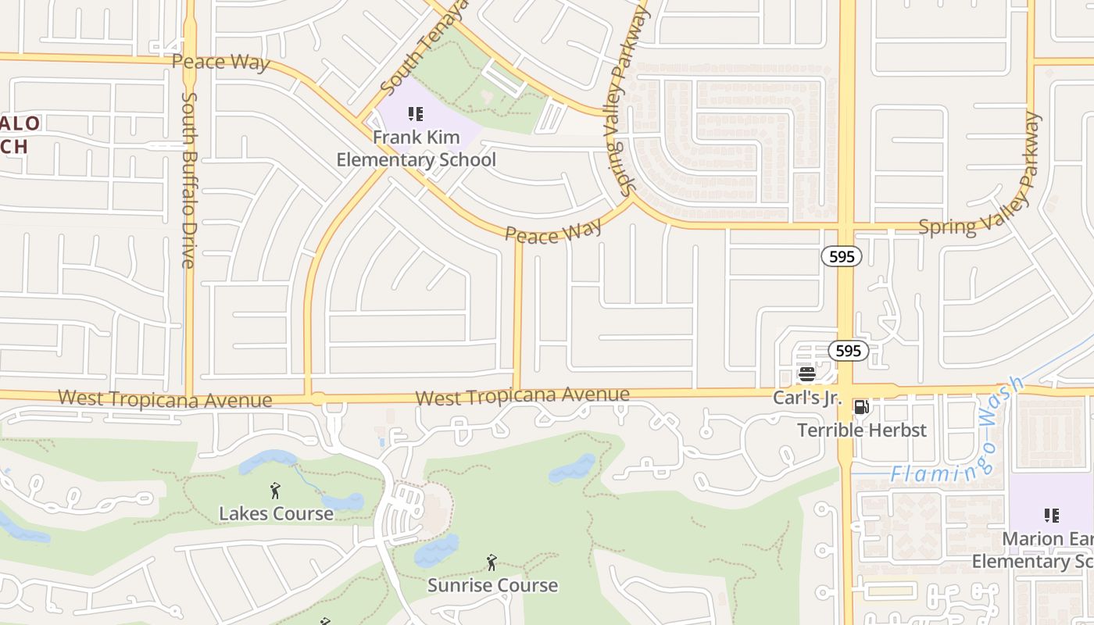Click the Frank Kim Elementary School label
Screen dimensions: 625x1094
tap(416, 149)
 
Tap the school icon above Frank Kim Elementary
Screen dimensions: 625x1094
tap(416, 115)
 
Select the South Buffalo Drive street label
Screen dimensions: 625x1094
tap(189, 180)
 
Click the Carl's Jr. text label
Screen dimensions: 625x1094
tap(806, 398)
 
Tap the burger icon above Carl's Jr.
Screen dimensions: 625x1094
tap(806, 374)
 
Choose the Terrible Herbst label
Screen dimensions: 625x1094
tap(861, 430)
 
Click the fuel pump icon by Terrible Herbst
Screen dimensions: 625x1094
tap(861, 406)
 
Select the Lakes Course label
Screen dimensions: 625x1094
tap(276, 513)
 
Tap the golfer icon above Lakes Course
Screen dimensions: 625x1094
tap(275, 491)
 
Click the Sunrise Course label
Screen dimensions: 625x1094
tap(492, 585)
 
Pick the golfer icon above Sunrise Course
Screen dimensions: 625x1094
tap(492, 562)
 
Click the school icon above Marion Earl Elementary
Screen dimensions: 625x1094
tap(1051, 516)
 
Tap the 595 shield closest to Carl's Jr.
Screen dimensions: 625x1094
tap(848, 351)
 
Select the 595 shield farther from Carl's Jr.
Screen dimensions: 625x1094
tap(842, 256)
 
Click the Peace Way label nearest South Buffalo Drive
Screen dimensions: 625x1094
tap(220, 62)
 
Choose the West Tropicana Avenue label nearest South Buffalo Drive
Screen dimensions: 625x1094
tap(165, 398)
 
